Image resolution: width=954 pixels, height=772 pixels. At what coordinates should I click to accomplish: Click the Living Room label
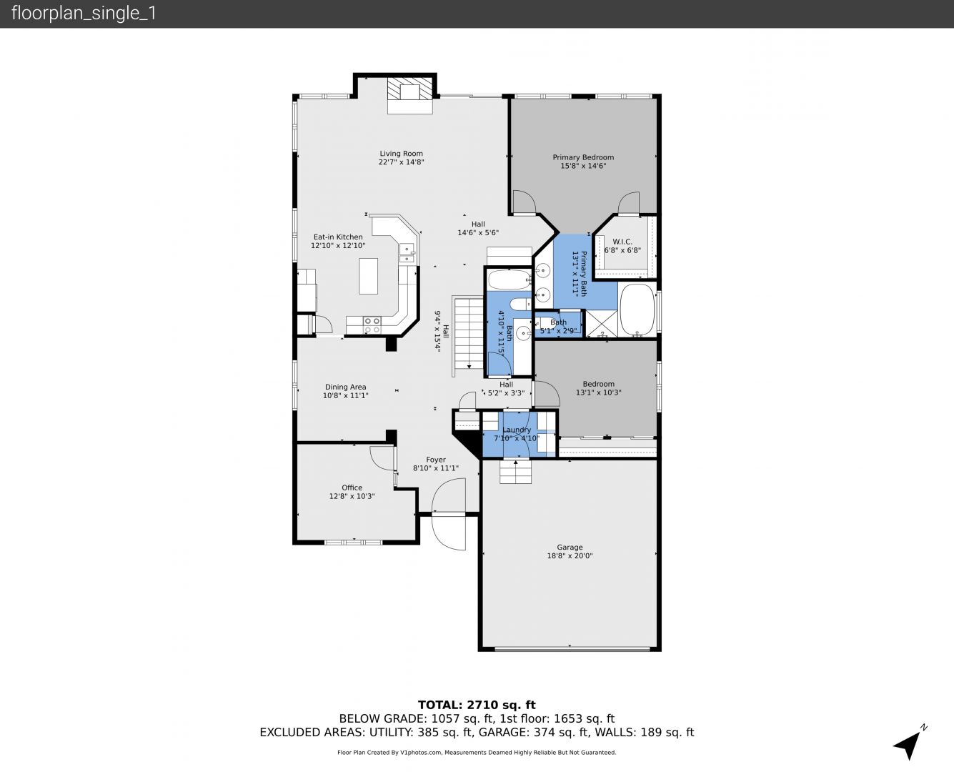click(x=401, y=154)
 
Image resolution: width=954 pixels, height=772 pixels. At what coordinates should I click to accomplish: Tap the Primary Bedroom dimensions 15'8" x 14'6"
click(x=583, y=166)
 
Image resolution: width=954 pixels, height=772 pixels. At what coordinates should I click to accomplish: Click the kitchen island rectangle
click(x=368, y=276)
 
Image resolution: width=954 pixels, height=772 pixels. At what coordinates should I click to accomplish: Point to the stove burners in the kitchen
click(x=372, y=325)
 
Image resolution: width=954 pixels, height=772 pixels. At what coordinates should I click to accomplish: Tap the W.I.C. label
click(x=622, y=242)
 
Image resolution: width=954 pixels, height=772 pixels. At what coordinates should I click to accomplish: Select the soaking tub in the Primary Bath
click(x=637, y=310)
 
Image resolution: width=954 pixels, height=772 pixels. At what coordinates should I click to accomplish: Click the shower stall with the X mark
click(x=602, y=323)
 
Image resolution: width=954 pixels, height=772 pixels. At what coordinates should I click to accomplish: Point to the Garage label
click(x=570, y=547)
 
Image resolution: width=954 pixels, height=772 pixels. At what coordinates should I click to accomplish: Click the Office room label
click(x=352, y=488)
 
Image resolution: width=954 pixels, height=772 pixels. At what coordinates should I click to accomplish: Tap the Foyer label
click(x=436, y=460)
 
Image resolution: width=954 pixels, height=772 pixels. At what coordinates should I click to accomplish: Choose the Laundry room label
click(x=517, y=430)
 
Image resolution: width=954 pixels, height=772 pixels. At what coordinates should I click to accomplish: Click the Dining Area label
click(x=345, y=387)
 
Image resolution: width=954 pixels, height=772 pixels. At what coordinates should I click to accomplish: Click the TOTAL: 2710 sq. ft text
click(x=477, y=705)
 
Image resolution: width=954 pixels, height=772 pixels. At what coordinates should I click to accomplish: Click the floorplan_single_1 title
click(x=84, y=14)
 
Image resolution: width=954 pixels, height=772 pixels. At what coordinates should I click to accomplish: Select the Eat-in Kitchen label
click(x=338, y=237)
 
